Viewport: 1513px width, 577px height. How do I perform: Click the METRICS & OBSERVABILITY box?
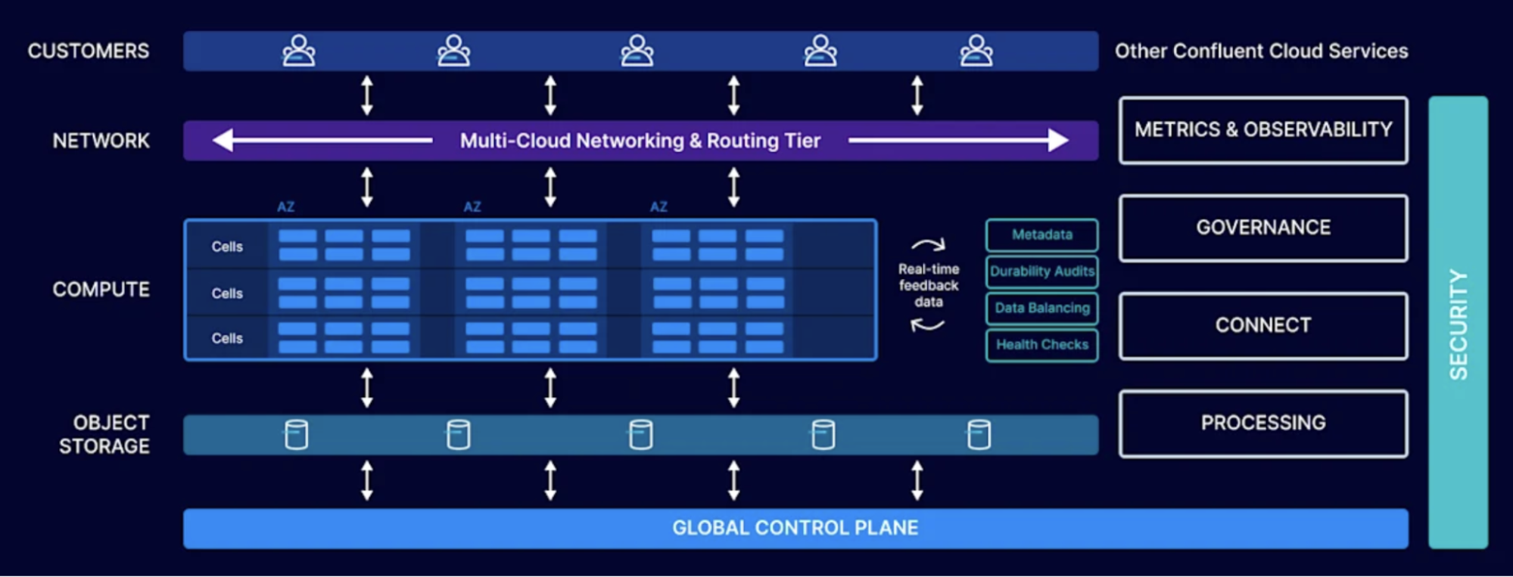tap(1262, 130)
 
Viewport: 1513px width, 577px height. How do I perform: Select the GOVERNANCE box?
tap(1262, 228)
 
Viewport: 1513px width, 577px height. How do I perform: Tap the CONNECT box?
tap(1262, 325)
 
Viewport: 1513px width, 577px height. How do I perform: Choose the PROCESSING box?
tap(1262, 423)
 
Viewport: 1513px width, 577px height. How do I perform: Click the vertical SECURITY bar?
tap(1457, 323)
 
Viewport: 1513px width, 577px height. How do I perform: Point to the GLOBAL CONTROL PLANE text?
tap(795, 528)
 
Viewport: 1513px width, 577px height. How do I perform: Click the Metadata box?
tap(1041, 235)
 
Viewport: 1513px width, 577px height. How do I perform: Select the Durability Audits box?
tap(1041, 271)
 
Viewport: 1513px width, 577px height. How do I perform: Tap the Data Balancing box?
tap(1041, 308)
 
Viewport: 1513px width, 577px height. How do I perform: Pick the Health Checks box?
tap(1041, 345)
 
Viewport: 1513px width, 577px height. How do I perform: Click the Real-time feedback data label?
tap(928, 286)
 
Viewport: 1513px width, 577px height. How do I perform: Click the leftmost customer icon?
tap(299, 51)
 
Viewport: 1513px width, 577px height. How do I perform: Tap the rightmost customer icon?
tap(976, 51)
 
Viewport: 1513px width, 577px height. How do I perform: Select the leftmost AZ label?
tap(285, 206)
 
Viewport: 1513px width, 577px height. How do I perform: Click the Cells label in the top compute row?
tap(227, 247)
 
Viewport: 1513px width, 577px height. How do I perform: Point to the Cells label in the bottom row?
tap(227, 338)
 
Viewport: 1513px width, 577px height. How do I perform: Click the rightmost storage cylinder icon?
tap(979, 435)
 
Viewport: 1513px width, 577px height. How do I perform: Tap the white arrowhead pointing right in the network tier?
tap(1057, 140)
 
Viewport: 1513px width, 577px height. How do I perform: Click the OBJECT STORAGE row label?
tap(104, 434)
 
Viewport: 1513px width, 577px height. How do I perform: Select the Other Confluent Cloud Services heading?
tap(1261, 51)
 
